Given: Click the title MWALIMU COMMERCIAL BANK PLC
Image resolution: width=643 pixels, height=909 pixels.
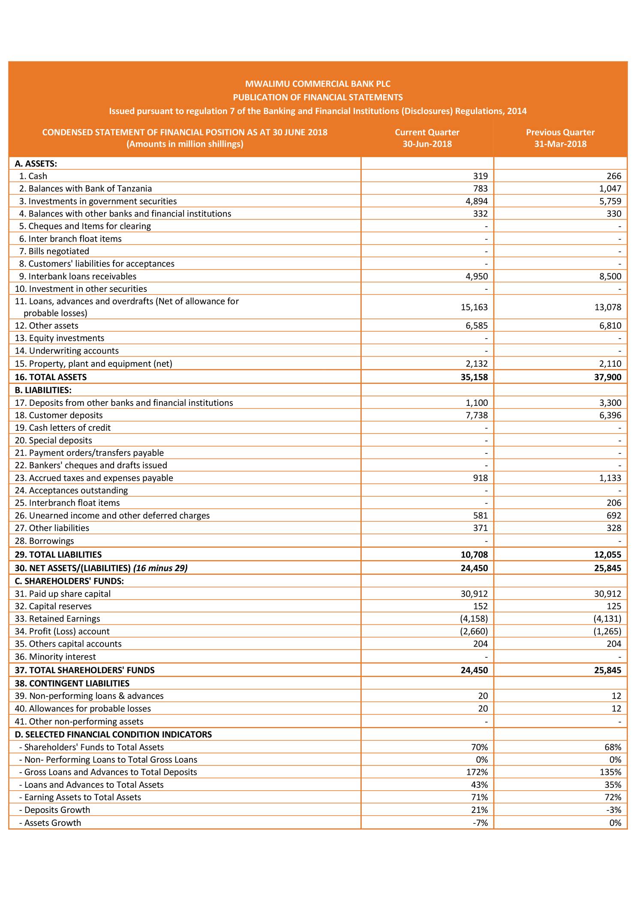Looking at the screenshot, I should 318,84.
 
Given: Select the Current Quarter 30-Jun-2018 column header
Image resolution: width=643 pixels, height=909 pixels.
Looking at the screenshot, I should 427,138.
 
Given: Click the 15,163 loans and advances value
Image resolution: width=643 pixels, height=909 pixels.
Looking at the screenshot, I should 474,307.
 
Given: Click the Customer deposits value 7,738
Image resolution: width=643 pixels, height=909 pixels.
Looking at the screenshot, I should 477,415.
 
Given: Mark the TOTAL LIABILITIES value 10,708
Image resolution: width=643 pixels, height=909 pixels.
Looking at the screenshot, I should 474,555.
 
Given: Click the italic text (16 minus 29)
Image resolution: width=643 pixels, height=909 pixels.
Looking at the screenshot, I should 160,568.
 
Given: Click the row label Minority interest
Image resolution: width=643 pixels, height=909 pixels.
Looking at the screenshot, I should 62,657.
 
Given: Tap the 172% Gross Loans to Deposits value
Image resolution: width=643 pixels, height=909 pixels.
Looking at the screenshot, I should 479,772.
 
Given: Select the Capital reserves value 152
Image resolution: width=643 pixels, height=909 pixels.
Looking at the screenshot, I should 481,606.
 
